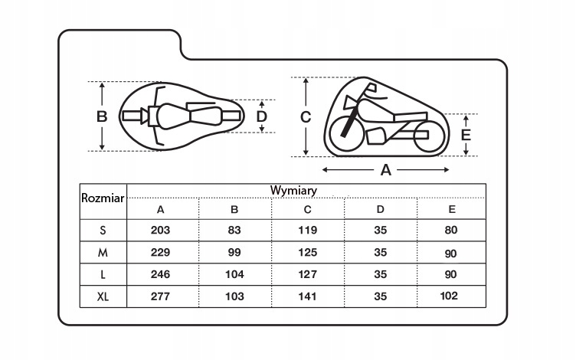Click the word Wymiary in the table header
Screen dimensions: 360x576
tap(294, 190)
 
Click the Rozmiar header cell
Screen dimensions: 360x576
tap(103, 198)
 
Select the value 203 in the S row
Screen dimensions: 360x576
tap(161, 231)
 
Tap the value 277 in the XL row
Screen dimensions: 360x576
tap(161, 296)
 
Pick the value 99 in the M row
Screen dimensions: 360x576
tap(234, 252)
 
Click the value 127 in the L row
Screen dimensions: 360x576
tap(307, 274)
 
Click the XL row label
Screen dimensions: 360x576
tap(103, 296)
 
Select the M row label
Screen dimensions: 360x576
tap(103, 252)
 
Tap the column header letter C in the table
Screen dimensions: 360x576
tap(307, 209)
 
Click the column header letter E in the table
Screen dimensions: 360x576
tap(452, 209)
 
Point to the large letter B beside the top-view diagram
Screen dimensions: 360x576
tap(101, 117)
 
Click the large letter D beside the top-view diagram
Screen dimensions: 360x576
tap(262, 116)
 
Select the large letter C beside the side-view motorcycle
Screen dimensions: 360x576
tap(305, 117)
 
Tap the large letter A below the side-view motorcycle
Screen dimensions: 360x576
tap(386, 170)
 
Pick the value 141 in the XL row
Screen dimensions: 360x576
tap(307, 296)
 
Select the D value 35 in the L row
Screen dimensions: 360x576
tap(380, 274)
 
